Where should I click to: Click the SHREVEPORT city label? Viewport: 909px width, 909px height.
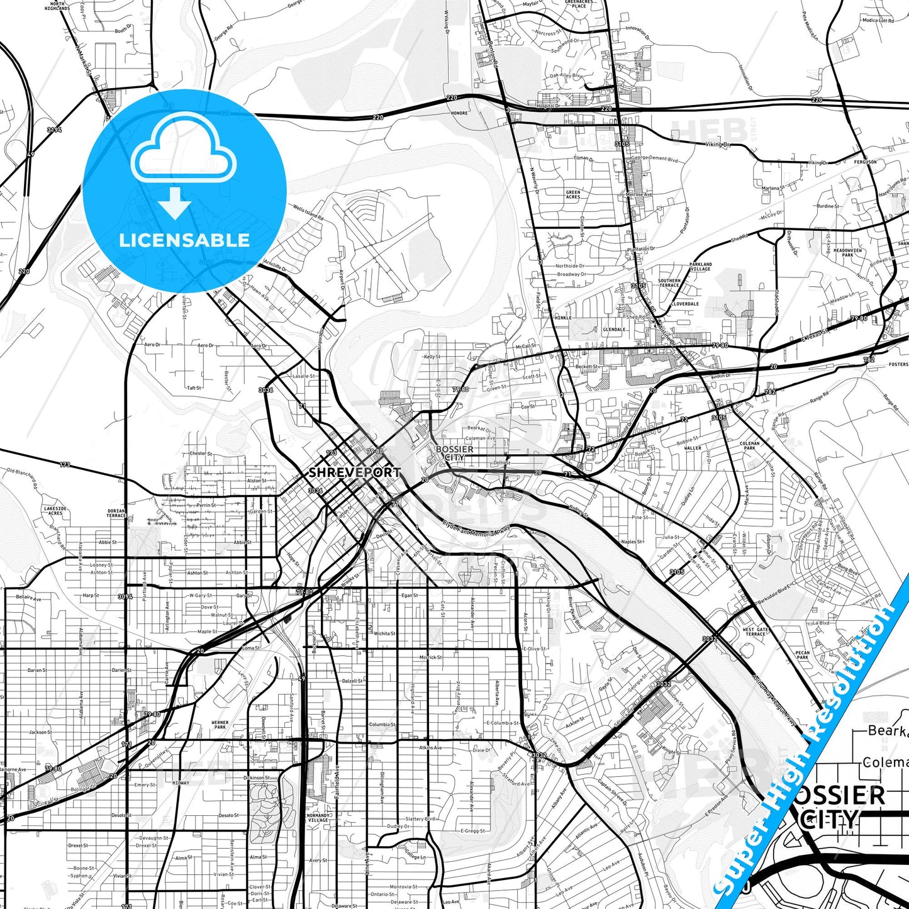[x=354, y=472]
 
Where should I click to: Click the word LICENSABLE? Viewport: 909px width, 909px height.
[x=184, y=240]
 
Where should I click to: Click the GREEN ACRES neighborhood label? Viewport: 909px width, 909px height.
[x=573, y=194]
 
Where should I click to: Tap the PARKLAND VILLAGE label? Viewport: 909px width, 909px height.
[x=700, y=267]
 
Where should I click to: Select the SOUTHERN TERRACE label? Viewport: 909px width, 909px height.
[x=669, y=283]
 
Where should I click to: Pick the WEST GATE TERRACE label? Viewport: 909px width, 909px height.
[x=756, y=632]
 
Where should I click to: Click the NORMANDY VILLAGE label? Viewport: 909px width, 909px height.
[x=318, y=818]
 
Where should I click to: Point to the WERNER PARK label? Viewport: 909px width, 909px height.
[x=220, y=725]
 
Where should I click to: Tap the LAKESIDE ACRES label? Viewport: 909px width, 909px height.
[x=55, y=510]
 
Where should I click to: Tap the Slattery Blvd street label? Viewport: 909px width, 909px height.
[x=420, y=819]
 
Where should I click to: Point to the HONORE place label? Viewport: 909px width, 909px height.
[x=459, y=113]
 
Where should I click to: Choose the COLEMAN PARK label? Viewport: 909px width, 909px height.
[x=749, y=445]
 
